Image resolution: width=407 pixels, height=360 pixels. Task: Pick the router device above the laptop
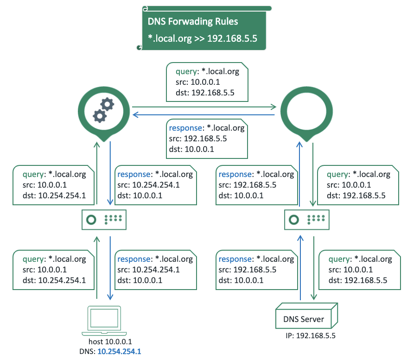104,220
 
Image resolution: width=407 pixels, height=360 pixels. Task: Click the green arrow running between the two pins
204,107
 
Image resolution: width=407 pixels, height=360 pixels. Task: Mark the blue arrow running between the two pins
204,114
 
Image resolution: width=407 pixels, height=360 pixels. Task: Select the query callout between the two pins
207,82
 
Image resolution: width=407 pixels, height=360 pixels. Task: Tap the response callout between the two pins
207,139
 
